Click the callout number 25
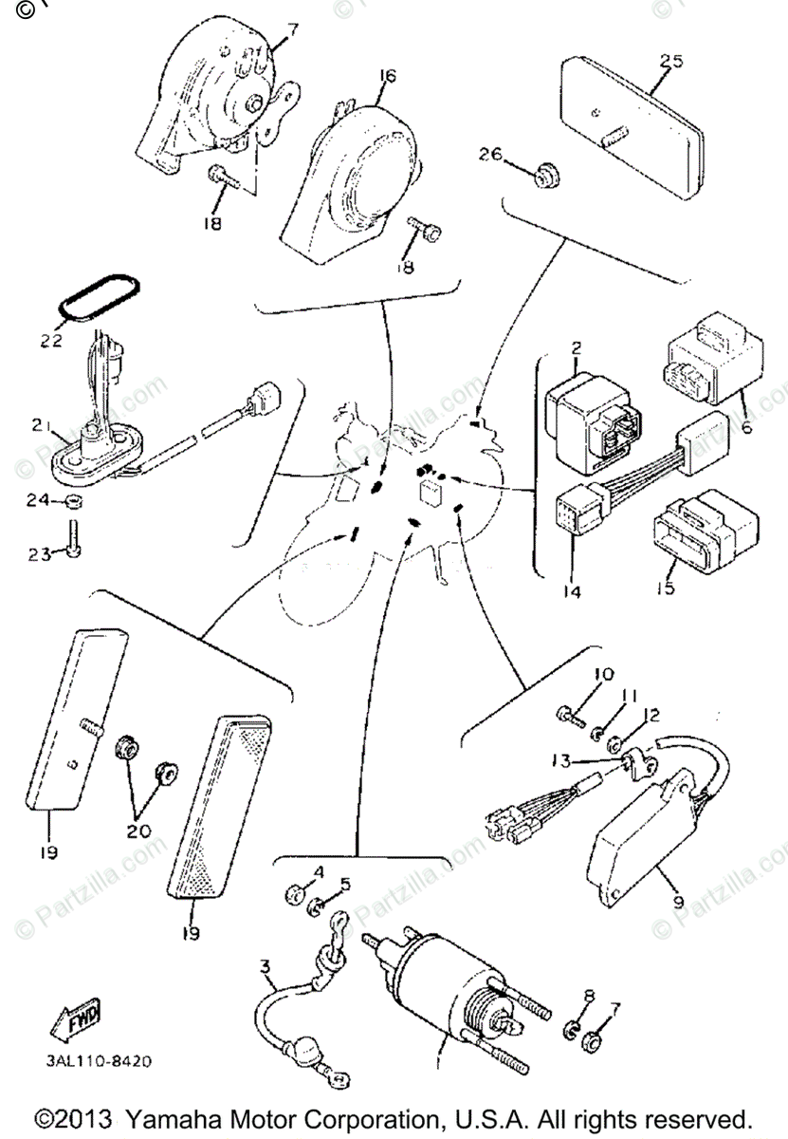(x=671, y=62)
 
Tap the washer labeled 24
(x=74, y=502)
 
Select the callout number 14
(x=572, y=589)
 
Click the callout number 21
(x=39, y=428)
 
